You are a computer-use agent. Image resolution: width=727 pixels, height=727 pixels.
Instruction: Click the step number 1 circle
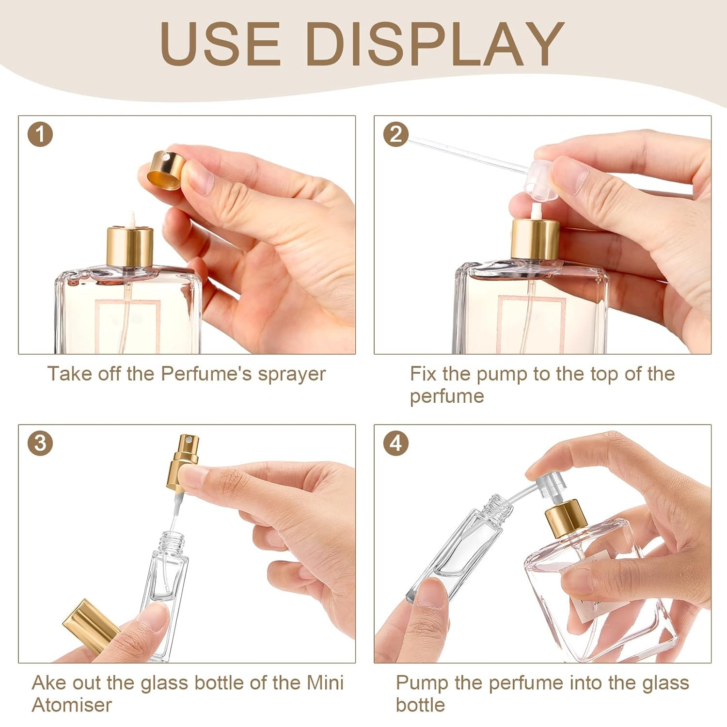pyautogui.click(x=41, y=134)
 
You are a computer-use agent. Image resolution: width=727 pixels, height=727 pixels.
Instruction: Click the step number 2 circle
pyautogui.click(x=396, y=134)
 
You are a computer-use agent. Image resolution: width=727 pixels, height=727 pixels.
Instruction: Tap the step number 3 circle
pyautogui.click(x=41, y=443)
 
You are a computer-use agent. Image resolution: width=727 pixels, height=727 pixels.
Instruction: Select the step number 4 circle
pyautogui.click(x=396, y=443)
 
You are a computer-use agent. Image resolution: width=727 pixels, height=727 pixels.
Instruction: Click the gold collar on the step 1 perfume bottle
pyautogui.click(x=130, y=247)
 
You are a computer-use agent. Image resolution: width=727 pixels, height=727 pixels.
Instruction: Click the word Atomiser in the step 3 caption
pyautogui.click(x=72, y=704)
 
